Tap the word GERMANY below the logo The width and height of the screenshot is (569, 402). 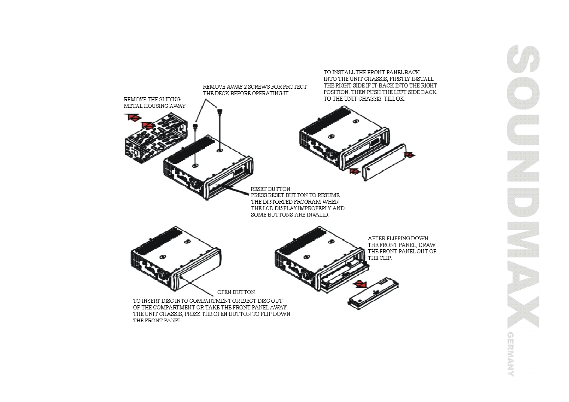click(511, 354)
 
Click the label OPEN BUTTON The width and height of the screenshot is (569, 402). click(236, 292)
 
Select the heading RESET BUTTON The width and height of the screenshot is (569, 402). click(270, 189)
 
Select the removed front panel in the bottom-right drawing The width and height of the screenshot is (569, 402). click(373, 293)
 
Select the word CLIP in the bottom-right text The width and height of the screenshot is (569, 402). click(385, 258)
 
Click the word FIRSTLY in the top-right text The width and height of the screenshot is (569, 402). click(400, 79)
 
